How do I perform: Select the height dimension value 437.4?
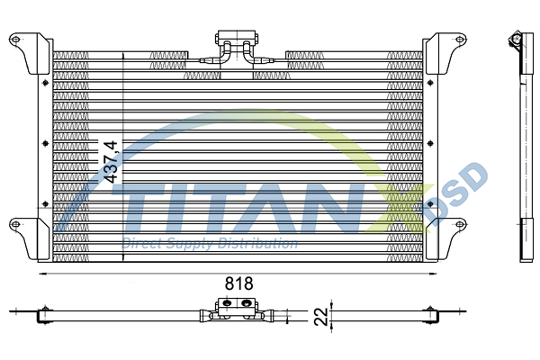[112, 162]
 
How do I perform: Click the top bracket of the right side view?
[517, 44]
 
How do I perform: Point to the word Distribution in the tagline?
[261, 244]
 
